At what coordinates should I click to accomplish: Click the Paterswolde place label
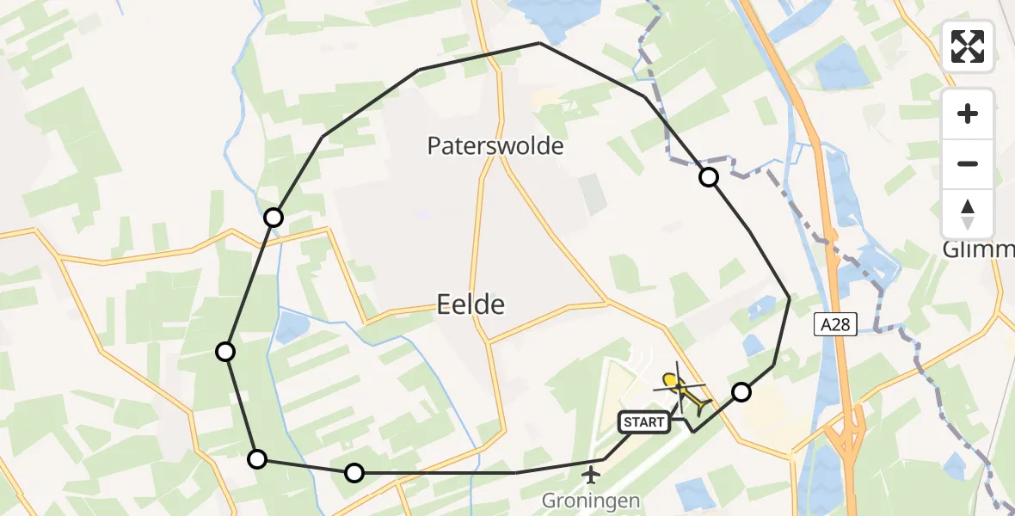(x=495, y=146)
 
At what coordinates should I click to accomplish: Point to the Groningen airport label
(x=591, y=500)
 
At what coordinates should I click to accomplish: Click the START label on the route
(x=643, y=421)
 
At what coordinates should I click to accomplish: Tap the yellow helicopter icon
(x=683, y=390)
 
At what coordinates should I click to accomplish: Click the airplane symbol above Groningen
(x=592, y=474)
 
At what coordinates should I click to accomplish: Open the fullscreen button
(x=968, y=46)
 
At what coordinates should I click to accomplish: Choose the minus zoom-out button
(x=968, y=163)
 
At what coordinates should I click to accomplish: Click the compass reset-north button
(x=968, y=214)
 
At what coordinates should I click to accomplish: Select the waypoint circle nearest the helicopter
(x=741, y=392)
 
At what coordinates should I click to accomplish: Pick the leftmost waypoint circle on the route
(x=225, y=351)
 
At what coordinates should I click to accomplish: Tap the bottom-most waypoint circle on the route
(x=354, y=472)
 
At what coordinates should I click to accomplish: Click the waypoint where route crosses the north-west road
(x=274, y=218)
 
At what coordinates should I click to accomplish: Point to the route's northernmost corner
(x=539, y=43)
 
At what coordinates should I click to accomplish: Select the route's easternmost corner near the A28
(x=790, y=298)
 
